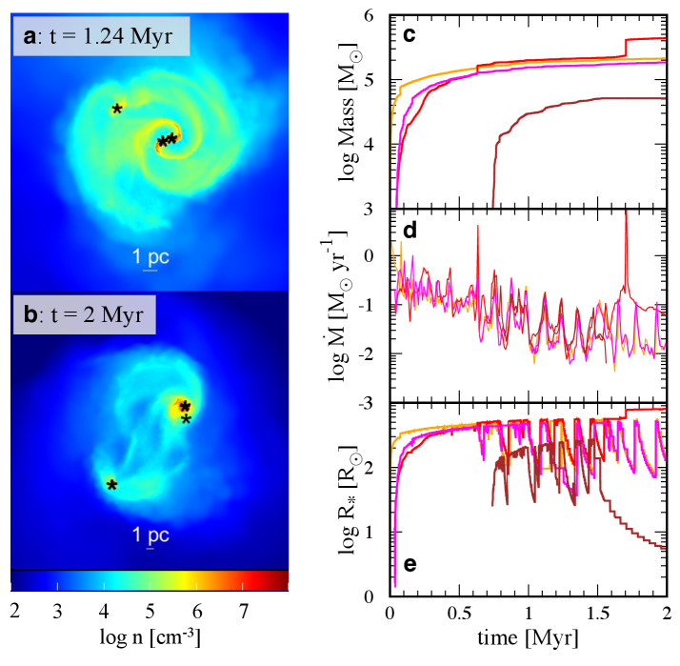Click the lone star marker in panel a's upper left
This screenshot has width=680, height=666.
116,109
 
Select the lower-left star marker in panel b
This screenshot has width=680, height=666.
111,485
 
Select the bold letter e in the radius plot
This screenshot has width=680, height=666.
409,564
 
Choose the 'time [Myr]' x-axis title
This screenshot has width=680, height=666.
529,634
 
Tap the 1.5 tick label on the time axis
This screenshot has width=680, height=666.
597,610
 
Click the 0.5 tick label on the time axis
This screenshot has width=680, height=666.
459,610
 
